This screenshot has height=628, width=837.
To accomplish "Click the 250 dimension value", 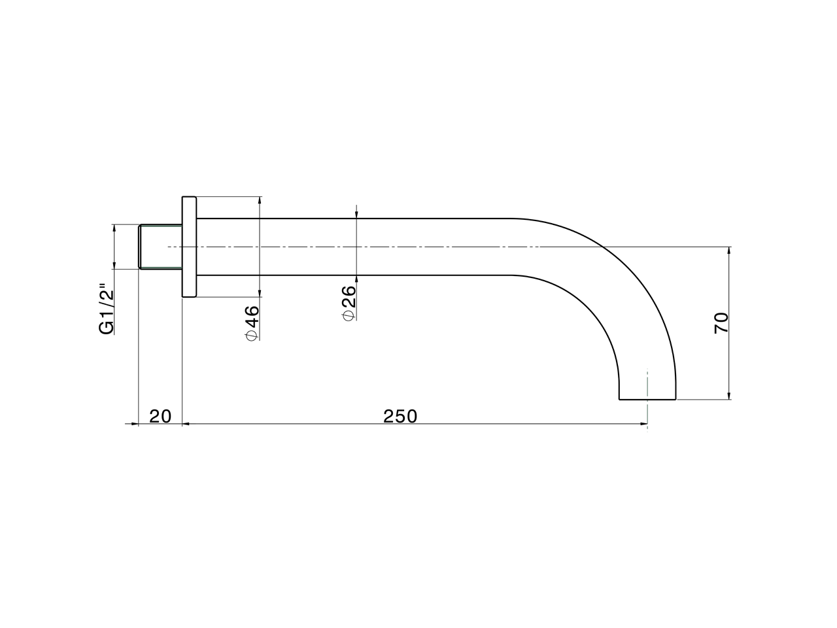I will pos(400,416).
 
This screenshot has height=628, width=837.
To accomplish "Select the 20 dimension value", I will pos(160,416).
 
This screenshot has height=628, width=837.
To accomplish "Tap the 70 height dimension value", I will pos(721,323).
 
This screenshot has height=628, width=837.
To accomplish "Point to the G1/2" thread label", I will pos(106,309).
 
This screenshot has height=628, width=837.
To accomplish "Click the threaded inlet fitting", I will pos(160,247).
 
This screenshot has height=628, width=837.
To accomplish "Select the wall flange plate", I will pos(189,247).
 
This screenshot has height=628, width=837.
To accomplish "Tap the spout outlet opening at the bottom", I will pos(647,398).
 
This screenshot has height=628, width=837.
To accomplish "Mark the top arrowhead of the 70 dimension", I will pos(729,251).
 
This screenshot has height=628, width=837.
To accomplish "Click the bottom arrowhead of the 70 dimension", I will pos(729,394).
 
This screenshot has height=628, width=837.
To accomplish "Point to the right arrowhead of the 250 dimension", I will pos(643,425).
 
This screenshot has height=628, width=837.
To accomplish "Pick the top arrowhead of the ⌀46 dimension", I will pos(260,201).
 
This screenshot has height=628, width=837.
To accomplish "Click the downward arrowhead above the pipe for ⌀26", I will pos(356,214).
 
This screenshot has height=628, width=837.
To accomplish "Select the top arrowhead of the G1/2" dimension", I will pos(114,229).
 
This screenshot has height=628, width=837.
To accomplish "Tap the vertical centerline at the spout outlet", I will pos(647,386).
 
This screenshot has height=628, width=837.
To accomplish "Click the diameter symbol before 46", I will pos(252,336).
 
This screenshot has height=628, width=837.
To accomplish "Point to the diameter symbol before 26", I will pos(349,316).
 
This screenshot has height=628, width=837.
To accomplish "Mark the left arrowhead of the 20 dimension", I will pos(135,425).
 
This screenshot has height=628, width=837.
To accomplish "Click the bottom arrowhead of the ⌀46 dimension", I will pos(260,293).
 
